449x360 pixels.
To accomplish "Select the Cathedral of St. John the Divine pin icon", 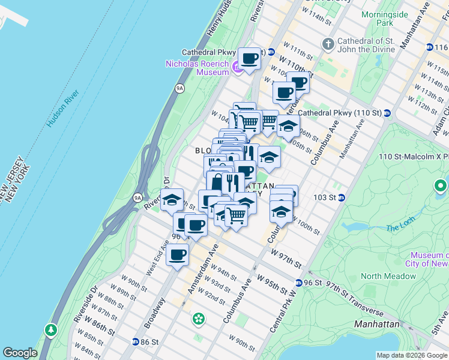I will (328, 44).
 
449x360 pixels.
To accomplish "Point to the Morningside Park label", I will (385, 19).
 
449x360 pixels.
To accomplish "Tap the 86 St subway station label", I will (148, 341).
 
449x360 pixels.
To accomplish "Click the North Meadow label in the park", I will (388, 276).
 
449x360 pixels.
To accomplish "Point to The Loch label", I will (400, 228).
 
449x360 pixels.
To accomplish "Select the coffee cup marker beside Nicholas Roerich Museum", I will (249, 58).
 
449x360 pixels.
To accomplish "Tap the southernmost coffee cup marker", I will (177, 255).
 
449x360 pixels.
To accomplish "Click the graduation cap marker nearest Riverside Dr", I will (172, 200).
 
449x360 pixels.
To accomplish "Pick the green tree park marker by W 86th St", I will (50, 329).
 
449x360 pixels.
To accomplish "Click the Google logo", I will (19, 353).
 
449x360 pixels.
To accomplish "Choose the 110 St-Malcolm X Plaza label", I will (414, 157).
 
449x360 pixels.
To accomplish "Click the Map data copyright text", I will (411, 355).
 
